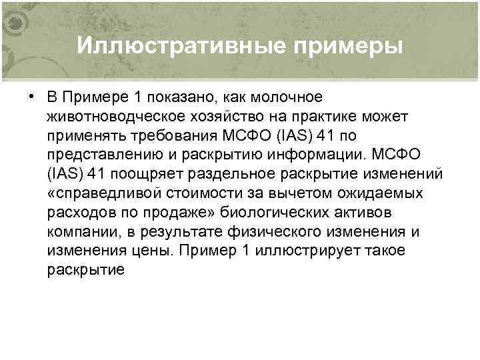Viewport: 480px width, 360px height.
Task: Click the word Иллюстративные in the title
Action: (x=173, y=46)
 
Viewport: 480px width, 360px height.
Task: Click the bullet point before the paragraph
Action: (x=31, y=97)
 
